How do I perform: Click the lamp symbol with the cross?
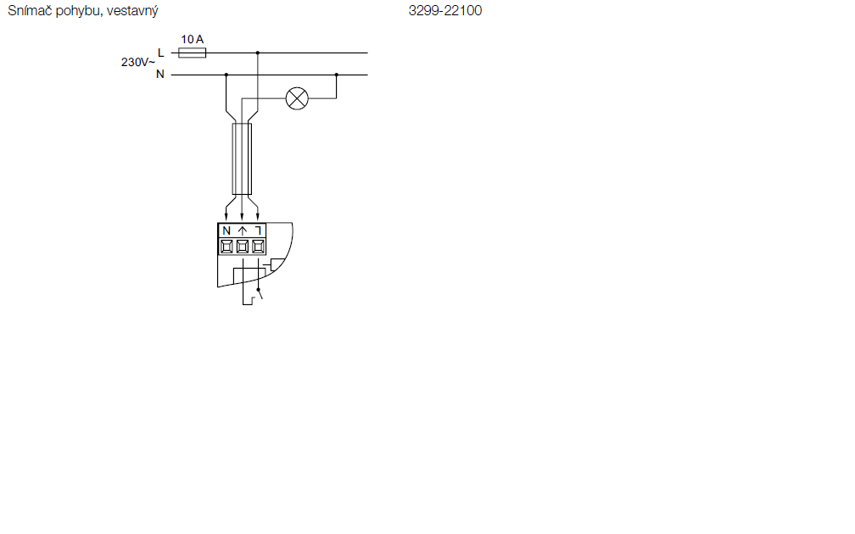click(x=297, y=98)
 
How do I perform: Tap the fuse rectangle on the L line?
click(x=193, y=53)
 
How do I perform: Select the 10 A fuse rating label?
click(x=192, y=39)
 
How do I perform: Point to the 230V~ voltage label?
click(x=138, y=62)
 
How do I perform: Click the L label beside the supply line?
click(x=161, y=53)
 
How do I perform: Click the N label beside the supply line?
click(x=160, y=74)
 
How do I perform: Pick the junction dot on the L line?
click(x=257, y=53)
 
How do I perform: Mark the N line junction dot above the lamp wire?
click(x=337, y=75)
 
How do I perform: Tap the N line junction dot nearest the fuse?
click(x=226, y=75)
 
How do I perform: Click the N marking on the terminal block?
click(x=226, y=231)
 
